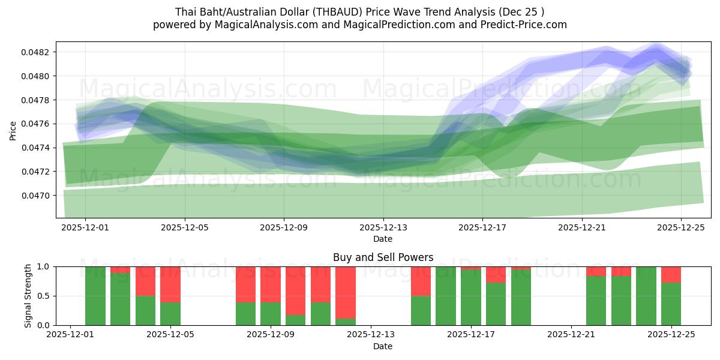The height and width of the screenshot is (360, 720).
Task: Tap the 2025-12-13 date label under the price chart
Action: click(x=383, y=228)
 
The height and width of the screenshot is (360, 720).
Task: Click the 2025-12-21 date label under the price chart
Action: click(x=581, y=228)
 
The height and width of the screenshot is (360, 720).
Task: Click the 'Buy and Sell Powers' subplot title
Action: click(x=383, y=257)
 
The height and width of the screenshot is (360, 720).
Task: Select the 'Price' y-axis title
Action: click(x=13, y=130)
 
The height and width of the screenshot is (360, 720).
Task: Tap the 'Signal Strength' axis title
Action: click(x=28, y=296)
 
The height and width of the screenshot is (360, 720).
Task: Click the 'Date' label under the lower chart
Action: click(x=383, y=346)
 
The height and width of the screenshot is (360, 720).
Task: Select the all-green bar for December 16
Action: click(x=446, y=296)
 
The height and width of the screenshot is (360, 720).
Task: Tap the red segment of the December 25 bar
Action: click(x=671, y=274)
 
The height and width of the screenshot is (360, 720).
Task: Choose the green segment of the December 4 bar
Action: click(x=146, y=310)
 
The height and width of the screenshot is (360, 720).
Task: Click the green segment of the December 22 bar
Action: click(x=596, y=301)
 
